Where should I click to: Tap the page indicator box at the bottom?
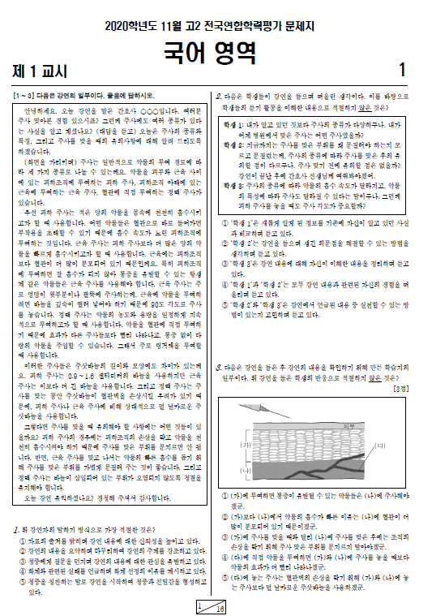pyautogui.click(x=211, y=606)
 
